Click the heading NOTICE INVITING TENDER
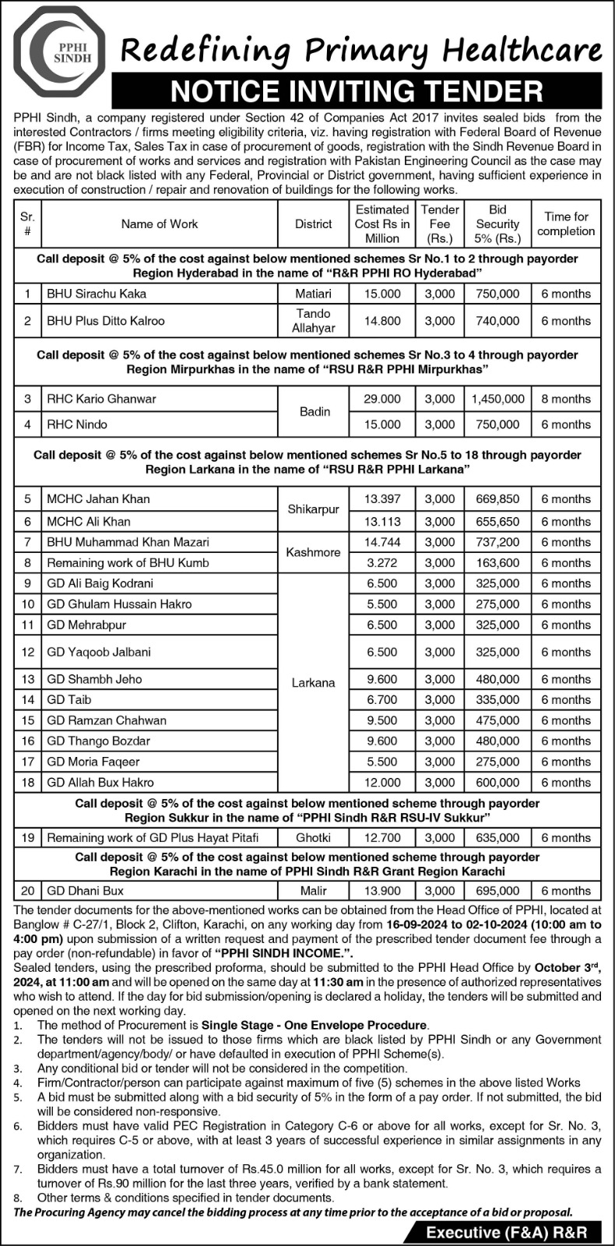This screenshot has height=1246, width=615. tap(356, 91)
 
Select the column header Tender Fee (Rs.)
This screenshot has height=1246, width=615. tap(440, 224)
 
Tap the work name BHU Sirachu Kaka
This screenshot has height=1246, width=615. tap(97, 294)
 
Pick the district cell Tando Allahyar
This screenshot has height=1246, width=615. tap(313, 320)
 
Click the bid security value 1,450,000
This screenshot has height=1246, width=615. tap(497, 399)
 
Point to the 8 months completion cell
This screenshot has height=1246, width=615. tap(566, 399)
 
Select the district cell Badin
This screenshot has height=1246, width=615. tap(315, 411)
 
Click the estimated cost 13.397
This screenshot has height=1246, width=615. tap(382, 498)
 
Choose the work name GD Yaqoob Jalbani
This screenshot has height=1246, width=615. tap(99, 652)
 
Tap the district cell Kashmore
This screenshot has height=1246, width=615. tap(313, 552)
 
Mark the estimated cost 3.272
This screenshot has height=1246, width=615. tap(382, 562)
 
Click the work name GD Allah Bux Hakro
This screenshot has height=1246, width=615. tap(100, 782)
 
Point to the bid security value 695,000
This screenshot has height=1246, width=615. tap(497, 890)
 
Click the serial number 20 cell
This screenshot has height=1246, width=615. tap(27, 890)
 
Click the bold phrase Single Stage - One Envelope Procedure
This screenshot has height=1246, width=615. tap(315, 1025)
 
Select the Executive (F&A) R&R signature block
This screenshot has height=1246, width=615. tap(505, 1233)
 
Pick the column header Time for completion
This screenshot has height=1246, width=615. tap(566, 224)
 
